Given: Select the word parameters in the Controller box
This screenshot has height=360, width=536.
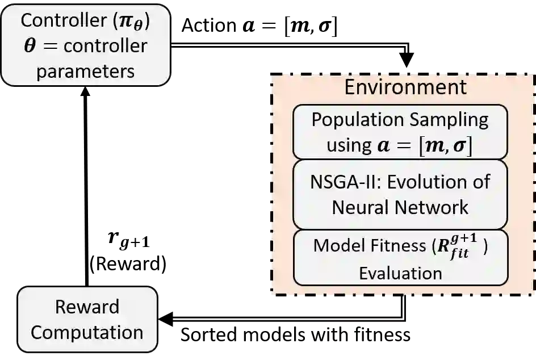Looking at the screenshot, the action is (86, 72).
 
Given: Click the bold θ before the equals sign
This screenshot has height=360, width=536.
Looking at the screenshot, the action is (30, 46).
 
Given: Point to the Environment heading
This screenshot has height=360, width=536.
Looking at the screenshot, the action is (405, 87).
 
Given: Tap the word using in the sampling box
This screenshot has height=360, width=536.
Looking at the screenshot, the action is (348, 145).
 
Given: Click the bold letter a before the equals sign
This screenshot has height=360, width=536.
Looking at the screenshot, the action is (384, 145).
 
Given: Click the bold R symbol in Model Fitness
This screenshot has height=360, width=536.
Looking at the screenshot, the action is (441, 246).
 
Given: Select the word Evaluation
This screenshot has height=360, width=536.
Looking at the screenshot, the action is (400, 273).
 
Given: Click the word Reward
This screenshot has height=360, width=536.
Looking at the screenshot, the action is (87, 307).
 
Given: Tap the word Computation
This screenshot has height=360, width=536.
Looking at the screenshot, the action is (87, 332).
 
